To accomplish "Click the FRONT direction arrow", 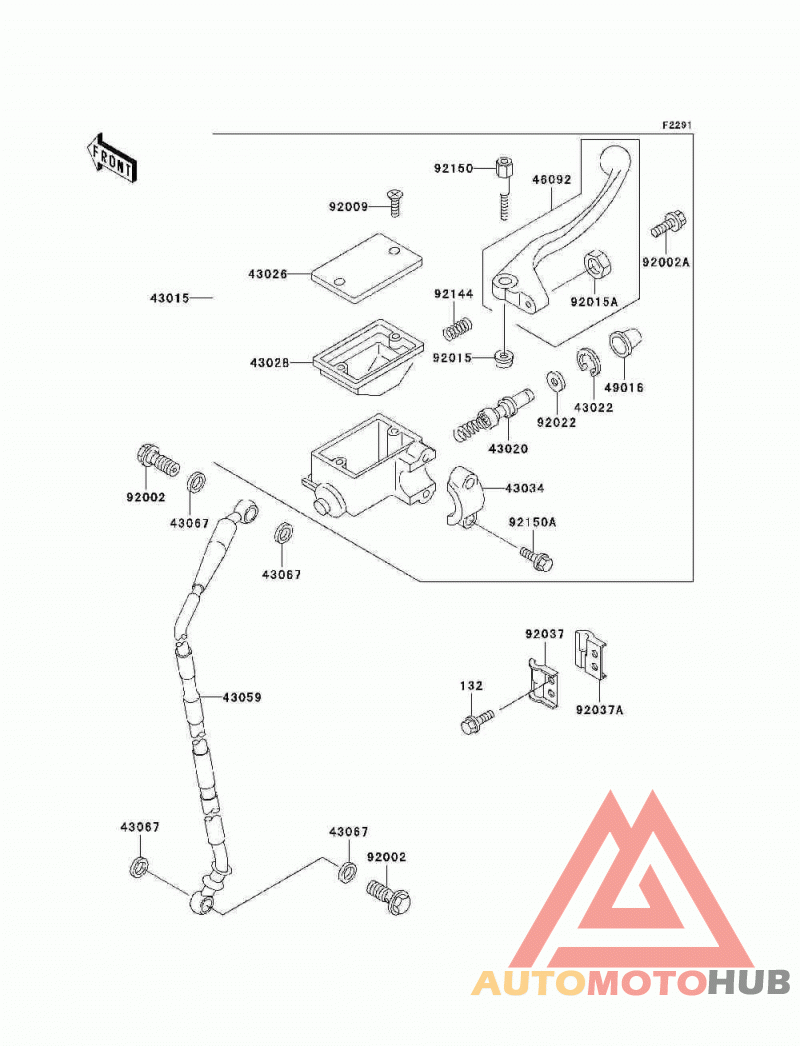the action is click(110, 158).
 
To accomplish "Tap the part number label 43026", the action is click(268, 274).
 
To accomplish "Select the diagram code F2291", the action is click(677, 125).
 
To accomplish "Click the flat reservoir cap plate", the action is click(367, 266).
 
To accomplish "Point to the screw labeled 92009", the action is click(394, 202).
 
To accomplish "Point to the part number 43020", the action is click(508, 449).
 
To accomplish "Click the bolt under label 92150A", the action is click(537, 559).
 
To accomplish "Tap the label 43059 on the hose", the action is click(242, 697).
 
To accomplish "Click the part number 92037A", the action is click(599, 710).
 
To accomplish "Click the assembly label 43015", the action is click(169, 298).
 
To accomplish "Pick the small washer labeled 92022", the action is click(555, 381).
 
